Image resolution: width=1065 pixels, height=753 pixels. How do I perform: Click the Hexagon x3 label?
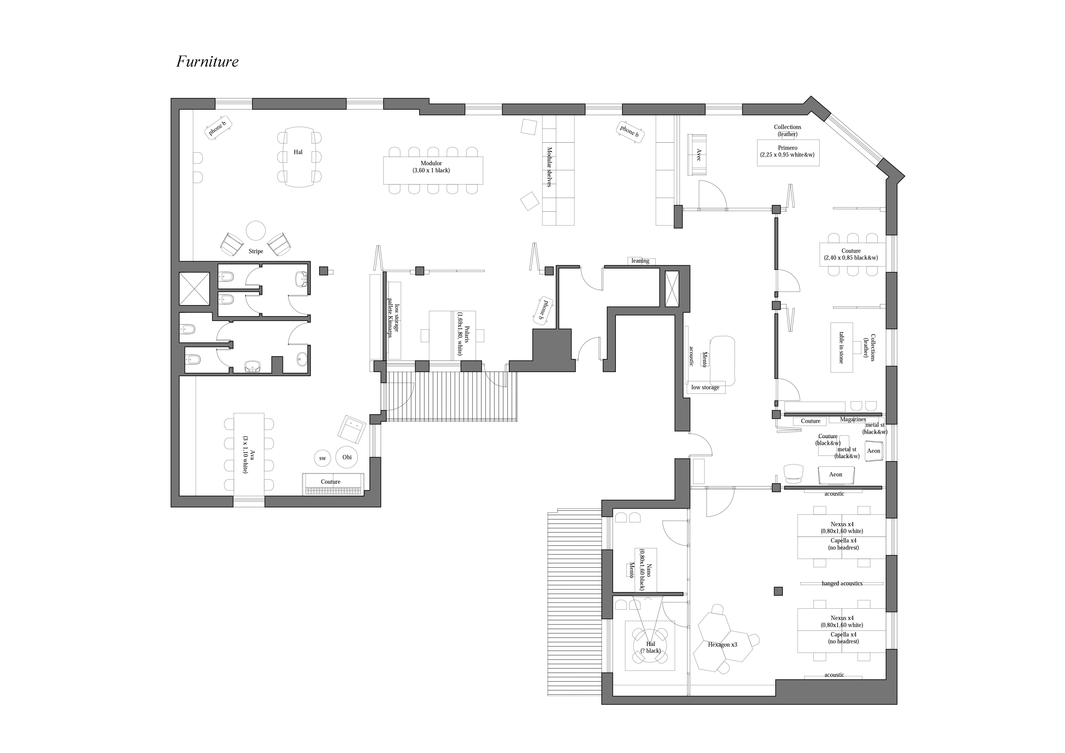722,644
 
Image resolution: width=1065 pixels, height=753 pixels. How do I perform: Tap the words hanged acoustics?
842,583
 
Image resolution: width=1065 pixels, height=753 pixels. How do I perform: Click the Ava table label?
249,455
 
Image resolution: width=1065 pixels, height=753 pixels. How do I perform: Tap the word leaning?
640,261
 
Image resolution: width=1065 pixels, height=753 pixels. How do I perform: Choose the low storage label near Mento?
705,387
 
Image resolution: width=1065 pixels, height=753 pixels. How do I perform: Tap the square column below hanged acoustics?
778,591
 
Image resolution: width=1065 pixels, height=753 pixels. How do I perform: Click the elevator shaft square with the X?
194,289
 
